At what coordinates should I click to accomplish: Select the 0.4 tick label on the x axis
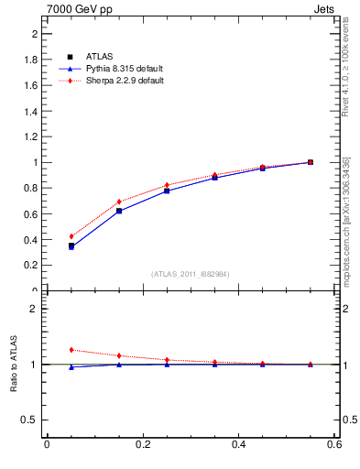(x=236, y=445)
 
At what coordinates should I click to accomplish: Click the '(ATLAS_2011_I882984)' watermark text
(x=191, y=274)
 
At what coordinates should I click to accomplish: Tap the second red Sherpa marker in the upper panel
(x=119, y=202)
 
